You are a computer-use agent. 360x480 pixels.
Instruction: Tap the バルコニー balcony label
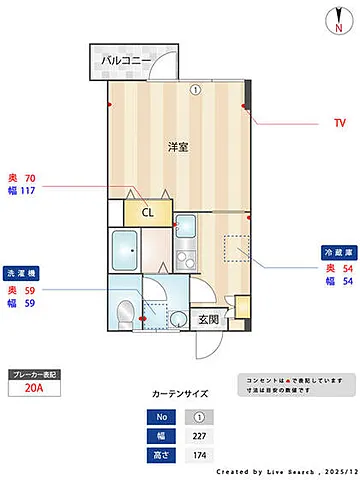[126, 62]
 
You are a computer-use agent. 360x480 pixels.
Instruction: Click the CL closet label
[147, 212]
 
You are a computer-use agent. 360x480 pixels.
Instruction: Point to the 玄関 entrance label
[208, 320]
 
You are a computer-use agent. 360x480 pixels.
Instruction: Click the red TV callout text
[339, 123]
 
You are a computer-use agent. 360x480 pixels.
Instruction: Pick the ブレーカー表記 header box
[34, 375]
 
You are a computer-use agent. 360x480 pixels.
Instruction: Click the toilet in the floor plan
[124, 312]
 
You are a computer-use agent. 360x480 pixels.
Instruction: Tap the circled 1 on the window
[196, 89]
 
